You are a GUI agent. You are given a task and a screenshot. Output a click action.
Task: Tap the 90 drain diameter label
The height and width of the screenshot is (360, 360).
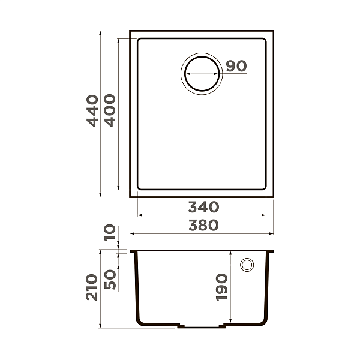click(237, 66)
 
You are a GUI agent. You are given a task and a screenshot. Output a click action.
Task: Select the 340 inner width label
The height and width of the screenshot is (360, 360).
click(203, 207)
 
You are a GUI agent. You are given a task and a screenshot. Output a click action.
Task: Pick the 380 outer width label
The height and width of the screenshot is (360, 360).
click(203, 225)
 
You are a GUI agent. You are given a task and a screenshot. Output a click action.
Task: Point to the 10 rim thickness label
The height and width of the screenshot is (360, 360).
click(110, 233)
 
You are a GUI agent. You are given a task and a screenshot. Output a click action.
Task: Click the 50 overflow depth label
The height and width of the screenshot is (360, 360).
click(110, 279)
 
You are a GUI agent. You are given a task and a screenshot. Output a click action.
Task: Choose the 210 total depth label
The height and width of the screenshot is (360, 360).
click(92, 287)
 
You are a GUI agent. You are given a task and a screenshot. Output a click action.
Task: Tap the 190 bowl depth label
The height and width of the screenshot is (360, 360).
click(221, 287)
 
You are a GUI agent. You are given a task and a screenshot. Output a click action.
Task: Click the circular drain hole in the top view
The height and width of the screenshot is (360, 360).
click(202, 73)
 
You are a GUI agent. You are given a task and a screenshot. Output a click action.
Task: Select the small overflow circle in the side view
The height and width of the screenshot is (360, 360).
click(247, 265)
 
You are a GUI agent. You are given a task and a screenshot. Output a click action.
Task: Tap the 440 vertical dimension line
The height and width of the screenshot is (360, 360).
click(100, 150)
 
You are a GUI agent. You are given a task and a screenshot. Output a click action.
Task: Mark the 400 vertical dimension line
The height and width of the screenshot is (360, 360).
click(119, 150)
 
